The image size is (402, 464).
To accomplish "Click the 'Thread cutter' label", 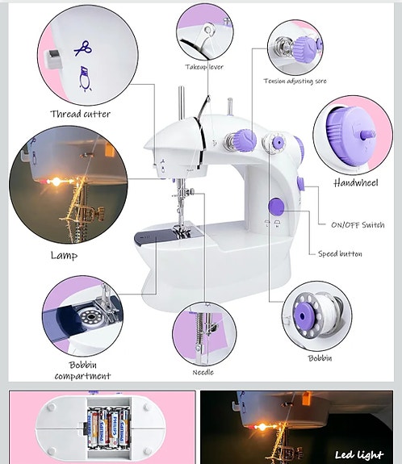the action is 80,114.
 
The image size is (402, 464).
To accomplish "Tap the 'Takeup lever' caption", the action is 204,67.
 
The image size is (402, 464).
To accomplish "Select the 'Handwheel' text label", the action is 356,183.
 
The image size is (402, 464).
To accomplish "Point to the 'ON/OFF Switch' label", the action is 358,225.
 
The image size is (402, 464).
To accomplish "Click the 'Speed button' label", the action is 340,253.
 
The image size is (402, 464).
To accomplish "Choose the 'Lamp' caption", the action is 64,255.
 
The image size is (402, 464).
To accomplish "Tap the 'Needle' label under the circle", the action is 203,372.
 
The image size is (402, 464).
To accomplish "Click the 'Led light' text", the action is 358,454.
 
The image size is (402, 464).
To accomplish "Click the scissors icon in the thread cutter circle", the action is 83,48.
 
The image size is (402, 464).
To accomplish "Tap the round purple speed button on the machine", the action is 276,207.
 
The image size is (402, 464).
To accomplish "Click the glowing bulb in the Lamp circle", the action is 56,182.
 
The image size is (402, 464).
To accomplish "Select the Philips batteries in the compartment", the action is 108,427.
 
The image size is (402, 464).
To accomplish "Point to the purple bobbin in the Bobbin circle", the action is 304,316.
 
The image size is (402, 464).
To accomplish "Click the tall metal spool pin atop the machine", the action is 182,102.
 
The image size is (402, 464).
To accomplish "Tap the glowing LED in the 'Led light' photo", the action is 262,427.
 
